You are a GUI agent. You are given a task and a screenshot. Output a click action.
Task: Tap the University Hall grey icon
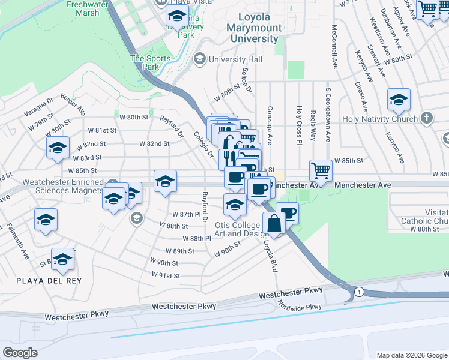click(199, 59)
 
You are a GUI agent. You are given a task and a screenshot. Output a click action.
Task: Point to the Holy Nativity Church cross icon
click(426, 118)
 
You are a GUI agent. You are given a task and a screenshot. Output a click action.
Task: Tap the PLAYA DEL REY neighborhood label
click(40, 281)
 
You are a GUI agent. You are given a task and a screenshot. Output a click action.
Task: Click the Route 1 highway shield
click(358, 292)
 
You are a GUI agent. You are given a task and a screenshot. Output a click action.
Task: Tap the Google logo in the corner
click(20, 352)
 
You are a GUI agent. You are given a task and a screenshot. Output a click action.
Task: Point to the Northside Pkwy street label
click(300, 307)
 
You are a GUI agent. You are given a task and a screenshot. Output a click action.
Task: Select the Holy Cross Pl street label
click(298, 121)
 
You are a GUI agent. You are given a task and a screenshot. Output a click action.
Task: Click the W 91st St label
click(166, 275)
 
